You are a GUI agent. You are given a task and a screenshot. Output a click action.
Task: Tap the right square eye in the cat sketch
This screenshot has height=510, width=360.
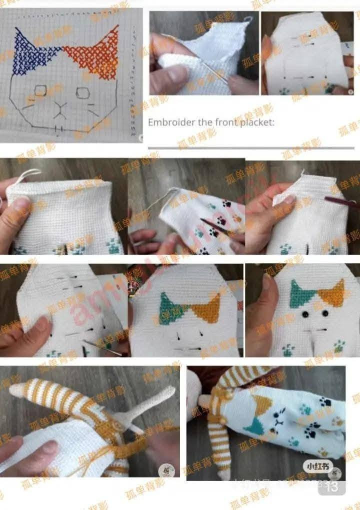coord(82,93)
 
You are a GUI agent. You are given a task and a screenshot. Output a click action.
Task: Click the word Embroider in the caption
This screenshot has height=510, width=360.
coord(167,122)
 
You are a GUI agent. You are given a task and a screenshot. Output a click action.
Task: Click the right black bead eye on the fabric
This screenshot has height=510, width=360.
coord(325,313)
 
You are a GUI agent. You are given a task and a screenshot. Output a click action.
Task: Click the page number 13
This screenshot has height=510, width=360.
coord(331,485)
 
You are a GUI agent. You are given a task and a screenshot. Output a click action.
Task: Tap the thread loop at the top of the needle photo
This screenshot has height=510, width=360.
coord(247,19)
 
